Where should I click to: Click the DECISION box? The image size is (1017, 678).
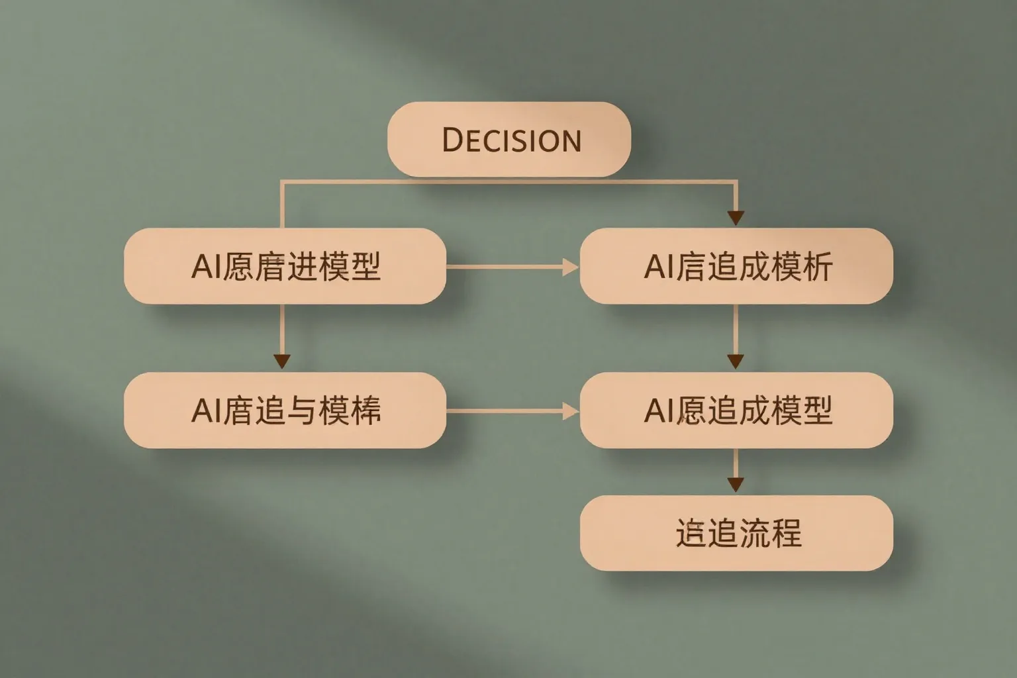[x=508, y=139]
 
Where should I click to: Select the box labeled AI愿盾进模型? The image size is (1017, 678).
[x=285, y=266]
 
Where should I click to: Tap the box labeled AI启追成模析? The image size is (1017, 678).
[x=736, y=266]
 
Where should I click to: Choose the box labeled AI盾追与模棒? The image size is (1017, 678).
[x=285, y=410]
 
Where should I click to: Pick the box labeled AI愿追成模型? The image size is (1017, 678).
[x=736, y=410]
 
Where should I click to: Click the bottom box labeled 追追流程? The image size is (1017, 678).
[x=736, y=533]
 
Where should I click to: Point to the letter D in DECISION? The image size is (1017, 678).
[x=452, y=140]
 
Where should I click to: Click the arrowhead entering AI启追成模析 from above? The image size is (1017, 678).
[x=736, y=218]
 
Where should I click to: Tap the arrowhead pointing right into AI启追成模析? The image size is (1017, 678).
[x=570, y=267]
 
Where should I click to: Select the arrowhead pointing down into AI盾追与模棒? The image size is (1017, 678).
[x=282, y=361]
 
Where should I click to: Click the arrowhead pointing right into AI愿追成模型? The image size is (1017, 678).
[x=570, y=411]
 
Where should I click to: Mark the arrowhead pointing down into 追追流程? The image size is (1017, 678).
[x=736, y=484]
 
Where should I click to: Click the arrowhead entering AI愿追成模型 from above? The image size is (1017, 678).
[x=736, y=362]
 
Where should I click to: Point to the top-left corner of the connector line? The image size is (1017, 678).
[x=283, y=181]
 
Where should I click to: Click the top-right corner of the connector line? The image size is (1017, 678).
[x=736, y=181]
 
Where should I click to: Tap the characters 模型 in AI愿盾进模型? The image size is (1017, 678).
[x=350, y=266]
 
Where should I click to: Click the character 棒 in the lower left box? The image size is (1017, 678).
[x=365, y=410]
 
